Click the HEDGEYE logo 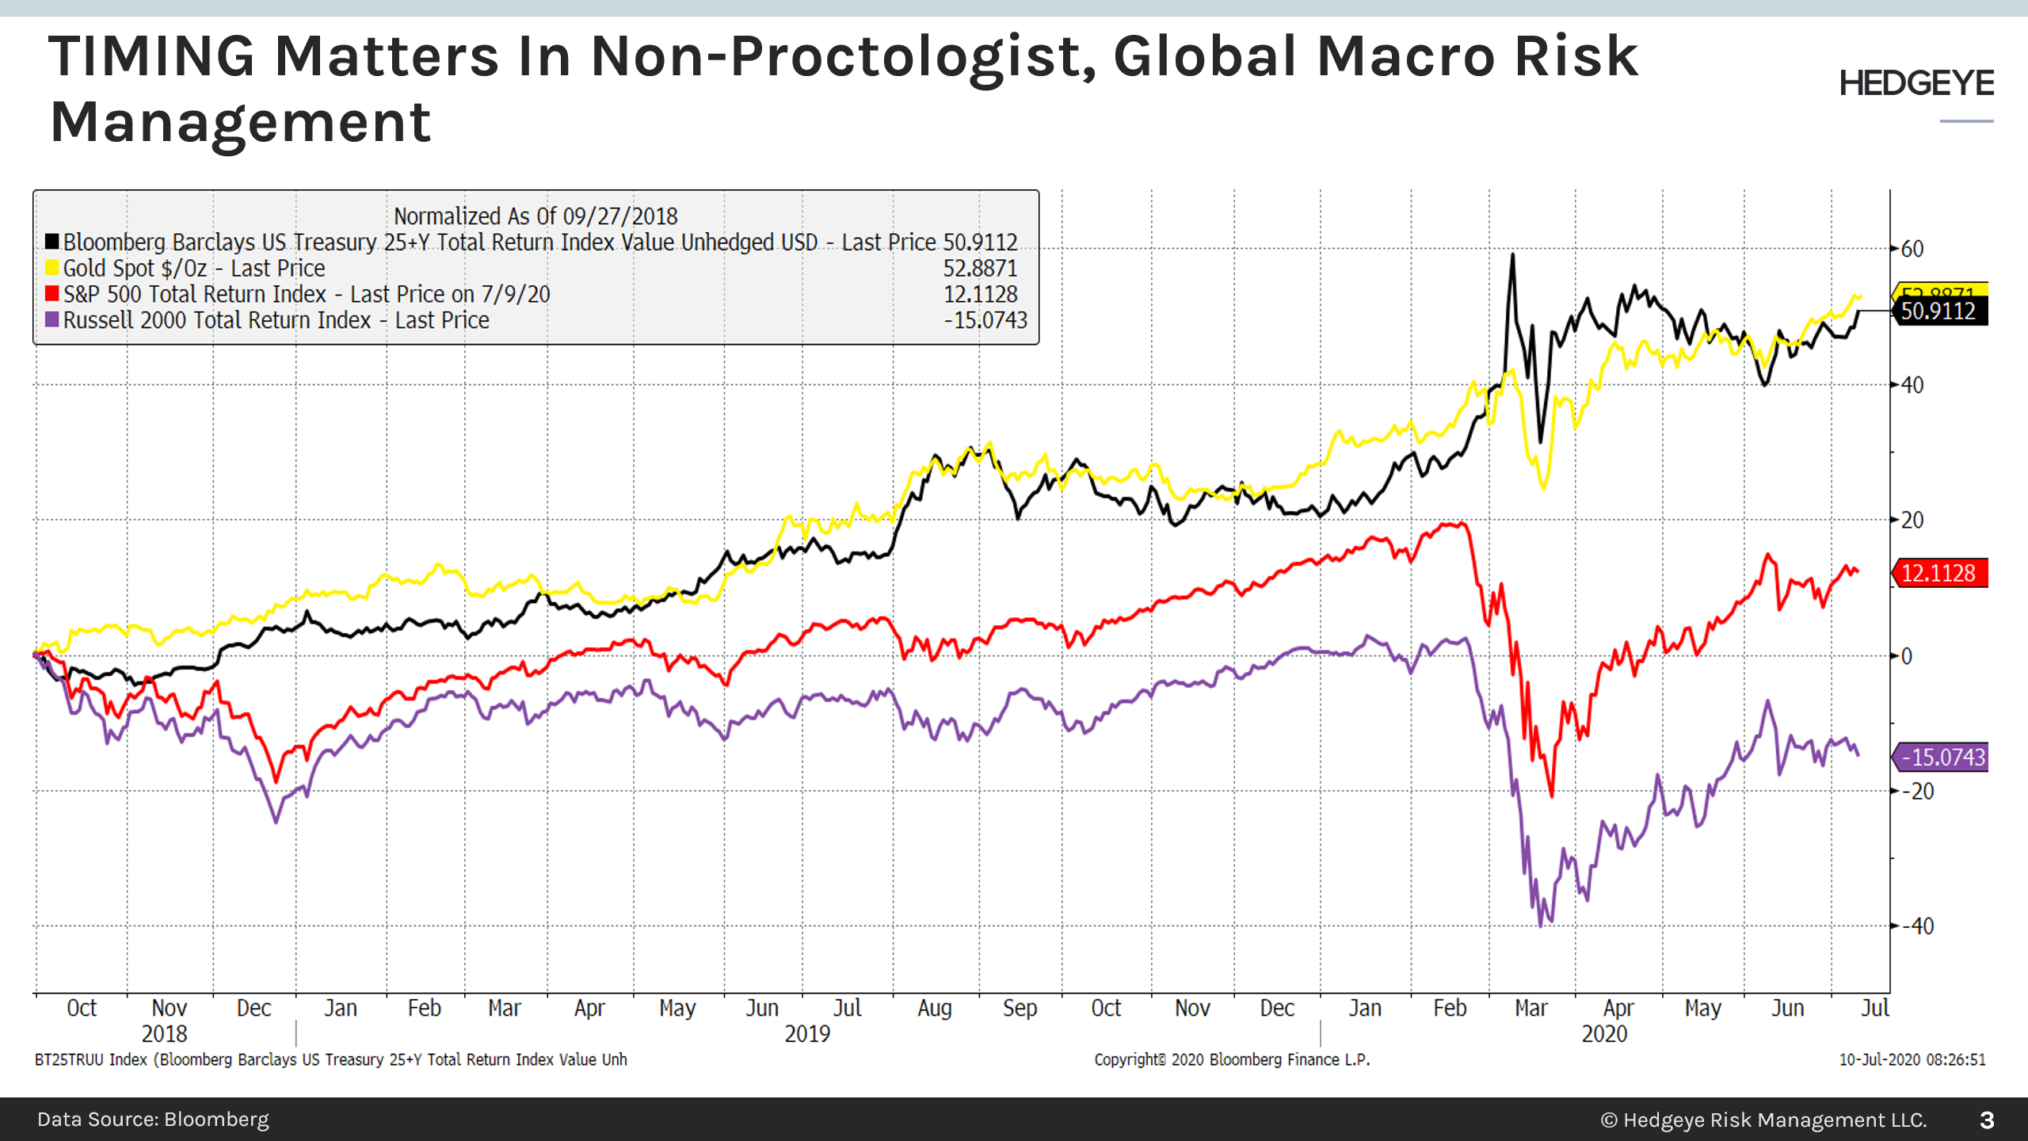(x=1916, y=84)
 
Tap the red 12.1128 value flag (x=1938, y=573)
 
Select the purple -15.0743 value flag (x=1942, y=757)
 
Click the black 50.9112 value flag (x=1938, y=311)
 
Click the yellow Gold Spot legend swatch (x=52, y=268)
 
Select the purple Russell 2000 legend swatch (x=52, y=320)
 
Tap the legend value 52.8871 (x=980, y=268)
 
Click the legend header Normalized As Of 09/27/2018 (x=536, y=216)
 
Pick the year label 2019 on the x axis (x=807, y=1034)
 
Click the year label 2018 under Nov (x=164, y=1034)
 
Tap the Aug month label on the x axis (x=934, y=1008)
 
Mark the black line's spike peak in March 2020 (x=1512, y=255)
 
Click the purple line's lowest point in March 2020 (x=1540, y=925)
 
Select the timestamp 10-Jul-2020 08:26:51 (x=1912, y=1059)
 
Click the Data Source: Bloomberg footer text (x=153, y=1119)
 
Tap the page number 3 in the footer (x=1987, y=1120)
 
